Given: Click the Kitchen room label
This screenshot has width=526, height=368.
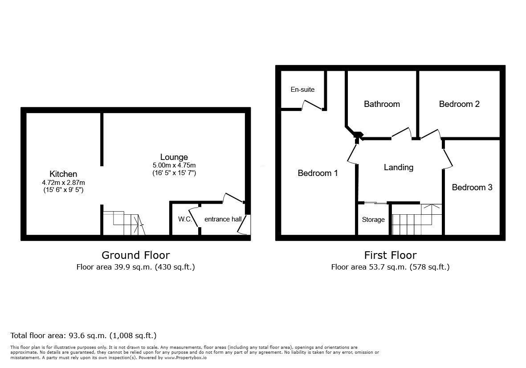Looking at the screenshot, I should [x=63, y=174].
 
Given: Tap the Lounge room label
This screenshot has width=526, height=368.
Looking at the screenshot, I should [x=174, y=157].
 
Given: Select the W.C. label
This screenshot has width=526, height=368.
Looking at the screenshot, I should [x=185, y=219].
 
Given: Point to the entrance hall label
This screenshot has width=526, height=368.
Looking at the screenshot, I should [x=223, y=219].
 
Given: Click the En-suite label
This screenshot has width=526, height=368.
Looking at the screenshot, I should [x=302, y=90].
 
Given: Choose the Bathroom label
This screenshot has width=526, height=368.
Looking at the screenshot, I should [x=382, y=104].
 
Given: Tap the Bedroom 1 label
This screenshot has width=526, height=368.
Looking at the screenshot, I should [x=318, y=173].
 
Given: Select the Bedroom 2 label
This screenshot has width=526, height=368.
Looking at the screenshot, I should [x=459, y=104].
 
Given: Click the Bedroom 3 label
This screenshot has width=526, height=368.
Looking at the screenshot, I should [x=472, y=187].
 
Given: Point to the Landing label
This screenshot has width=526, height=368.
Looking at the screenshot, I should [x=399, y=167].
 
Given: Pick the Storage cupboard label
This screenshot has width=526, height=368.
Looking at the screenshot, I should [x=373, y=220].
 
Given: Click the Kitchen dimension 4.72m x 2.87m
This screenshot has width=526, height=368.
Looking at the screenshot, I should [x=63, y=182].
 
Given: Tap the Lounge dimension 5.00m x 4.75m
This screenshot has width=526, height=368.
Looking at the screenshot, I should [x=174, y=165].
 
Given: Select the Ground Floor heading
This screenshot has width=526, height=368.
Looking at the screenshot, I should [x=135, y=255].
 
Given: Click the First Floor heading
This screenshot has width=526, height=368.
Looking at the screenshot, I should [x=390, y=255].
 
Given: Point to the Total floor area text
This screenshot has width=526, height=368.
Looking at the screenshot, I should [x=83, y=335].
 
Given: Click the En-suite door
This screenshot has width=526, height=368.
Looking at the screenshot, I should [x=312, y=105].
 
